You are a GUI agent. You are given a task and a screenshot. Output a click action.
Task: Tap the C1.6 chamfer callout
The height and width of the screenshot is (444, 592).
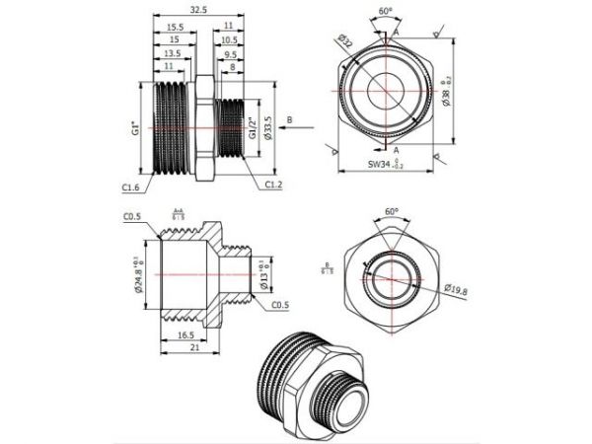click(x=131, y=185)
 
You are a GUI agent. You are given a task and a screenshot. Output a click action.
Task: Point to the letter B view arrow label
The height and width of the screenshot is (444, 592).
click(x=289, y=119)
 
